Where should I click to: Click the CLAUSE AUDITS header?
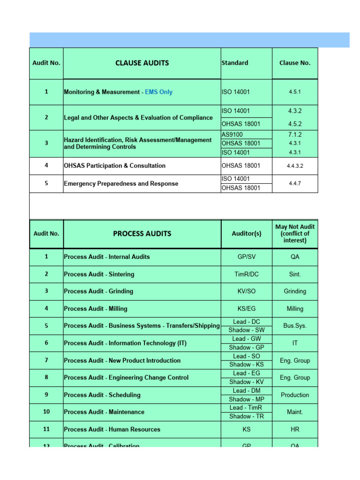click(x=142, y=63)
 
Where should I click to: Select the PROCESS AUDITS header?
click(x=142, y=233)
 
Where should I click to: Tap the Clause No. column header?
click(x=295, y=63)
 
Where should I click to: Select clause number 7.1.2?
click(x=295, y=135)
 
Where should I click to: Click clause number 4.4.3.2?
click(x=295, y=165)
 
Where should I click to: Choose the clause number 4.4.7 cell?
click(x=295, y=183)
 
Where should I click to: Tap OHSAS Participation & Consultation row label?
click(x=114, y=165)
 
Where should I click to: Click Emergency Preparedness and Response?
click(x=121, y=184)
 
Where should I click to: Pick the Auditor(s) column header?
click(x=247, y=233)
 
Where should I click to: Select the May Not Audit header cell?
click(x=295, y=233)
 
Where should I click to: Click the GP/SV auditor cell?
click(x=247, y=257)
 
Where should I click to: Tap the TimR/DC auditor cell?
click(x=247, y=274)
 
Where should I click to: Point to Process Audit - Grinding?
click(x=98, y=291)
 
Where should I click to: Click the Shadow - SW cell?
click(x=247, y=330)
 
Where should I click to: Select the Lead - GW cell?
click(x=247, y=338)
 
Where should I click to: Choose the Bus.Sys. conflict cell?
click(x=295, y=325)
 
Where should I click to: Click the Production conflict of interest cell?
click(x=295, y=395)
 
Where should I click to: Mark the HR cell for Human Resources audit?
click(x=295, y=429)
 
